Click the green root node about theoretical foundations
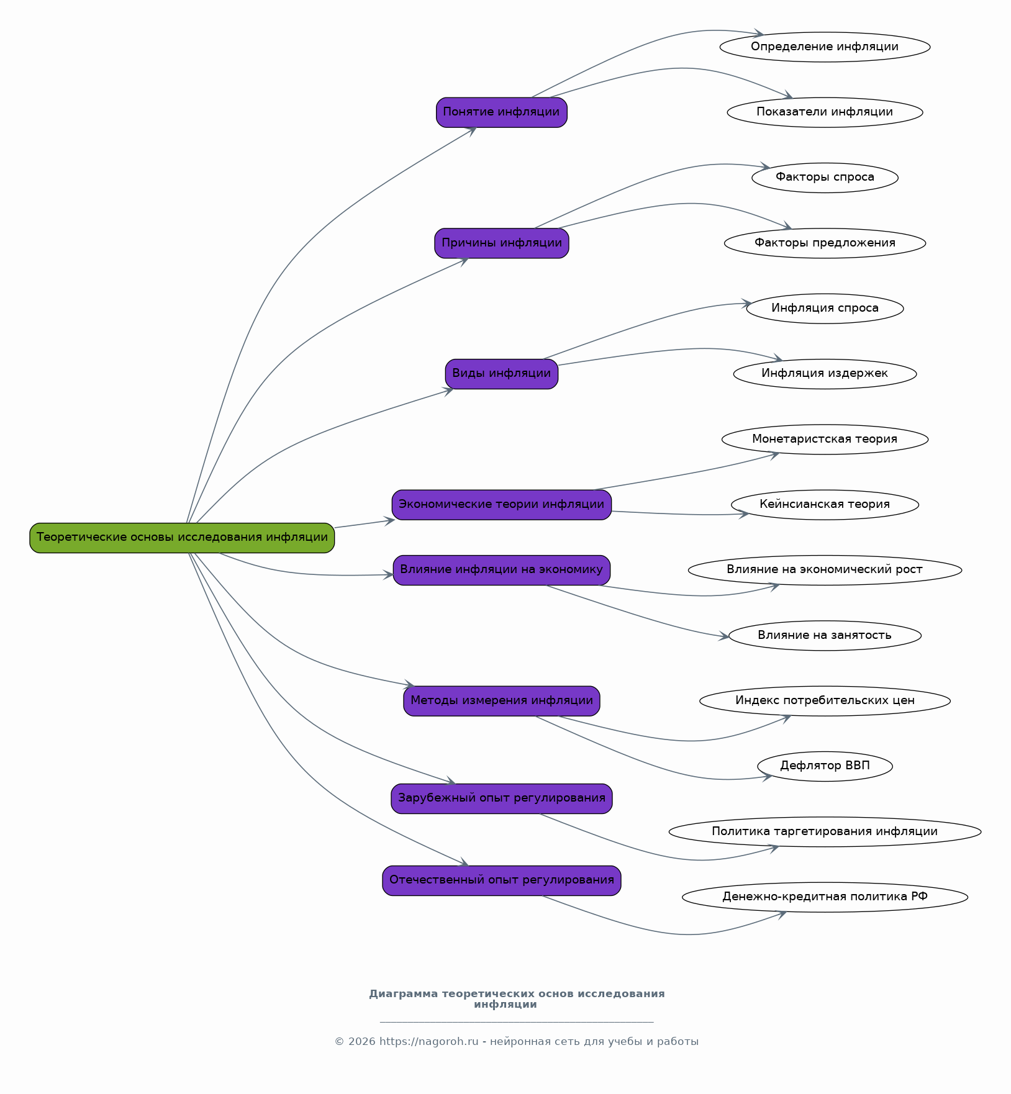tap(182, 538)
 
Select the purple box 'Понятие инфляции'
tap(502, 112)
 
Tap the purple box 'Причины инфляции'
tap(502, 243)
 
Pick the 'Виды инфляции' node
tap(502, 374)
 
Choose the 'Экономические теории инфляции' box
tap(502, 505)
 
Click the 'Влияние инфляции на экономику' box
tap(502, 570)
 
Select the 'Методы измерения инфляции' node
tap(502, 701)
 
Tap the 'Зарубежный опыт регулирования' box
tap(502, 798)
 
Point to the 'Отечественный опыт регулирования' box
tap(502, 880)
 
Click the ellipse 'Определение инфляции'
tap(825, 47)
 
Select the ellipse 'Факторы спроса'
tap(825, 178)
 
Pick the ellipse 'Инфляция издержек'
tap(825, 374)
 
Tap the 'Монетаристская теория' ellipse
tap(825, 440)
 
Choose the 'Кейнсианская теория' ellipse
tap(825, 505)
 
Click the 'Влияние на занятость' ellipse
tap(825, 636)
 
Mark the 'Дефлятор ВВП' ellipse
tap(825, 766)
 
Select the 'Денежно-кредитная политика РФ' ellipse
tap(825, 897)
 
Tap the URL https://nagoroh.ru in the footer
tap(429, 1041)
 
